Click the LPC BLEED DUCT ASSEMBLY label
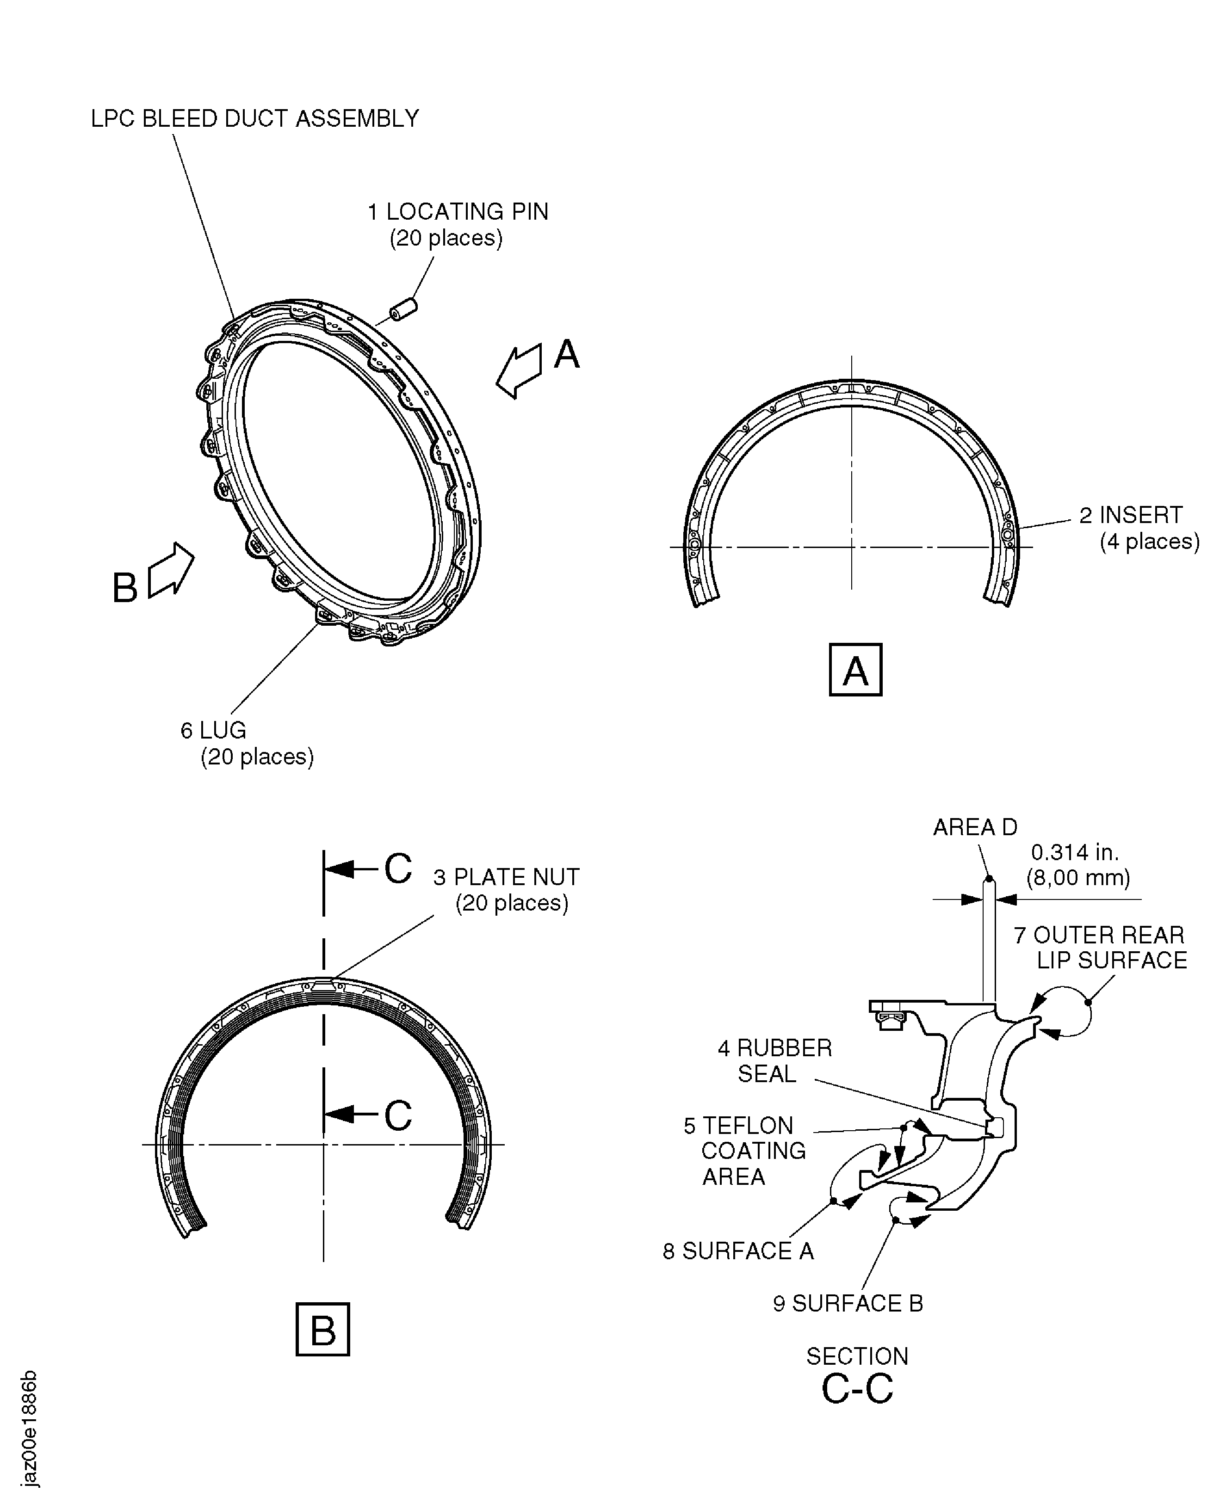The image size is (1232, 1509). point(255,118)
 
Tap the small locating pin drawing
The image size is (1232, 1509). point(403,310)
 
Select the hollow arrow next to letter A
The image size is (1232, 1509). point(519,370)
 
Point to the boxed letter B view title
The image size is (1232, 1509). point(323,1330)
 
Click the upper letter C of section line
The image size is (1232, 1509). point(398,868)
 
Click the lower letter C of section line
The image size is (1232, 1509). point(398,1115)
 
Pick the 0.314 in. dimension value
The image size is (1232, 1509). point(1074,852)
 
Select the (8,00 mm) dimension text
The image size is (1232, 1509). point(1078,878)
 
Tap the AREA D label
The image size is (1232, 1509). point(975,827)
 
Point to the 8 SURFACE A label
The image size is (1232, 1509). point(738,1251)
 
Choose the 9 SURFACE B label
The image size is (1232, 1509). point(848,1303)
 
